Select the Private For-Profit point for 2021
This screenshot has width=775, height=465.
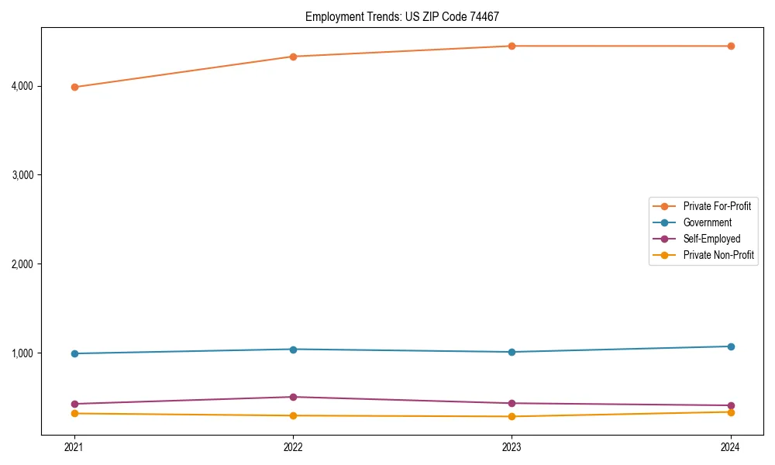(74, 87)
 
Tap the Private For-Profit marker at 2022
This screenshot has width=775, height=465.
(293, 57)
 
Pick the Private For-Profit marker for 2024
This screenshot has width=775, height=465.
(731, 46)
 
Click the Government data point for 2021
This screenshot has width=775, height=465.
(74, 353)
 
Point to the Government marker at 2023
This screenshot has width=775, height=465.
(512, 352)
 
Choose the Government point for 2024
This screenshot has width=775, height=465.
(731, 346)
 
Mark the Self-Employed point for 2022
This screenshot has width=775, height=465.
(293, 397)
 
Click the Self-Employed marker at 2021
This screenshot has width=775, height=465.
(74, 404)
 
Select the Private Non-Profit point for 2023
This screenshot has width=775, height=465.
(512, 416)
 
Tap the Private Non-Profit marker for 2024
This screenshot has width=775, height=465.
(731, 412)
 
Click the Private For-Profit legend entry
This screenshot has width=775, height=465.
(716, 206)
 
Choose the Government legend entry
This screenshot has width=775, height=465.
(707, 222)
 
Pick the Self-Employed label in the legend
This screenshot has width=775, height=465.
(711, 239)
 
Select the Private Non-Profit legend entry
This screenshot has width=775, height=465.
(718, 255)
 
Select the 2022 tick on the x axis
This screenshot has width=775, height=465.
(293, 447)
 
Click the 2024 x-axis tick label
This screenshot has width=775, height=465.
(731, 447)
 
